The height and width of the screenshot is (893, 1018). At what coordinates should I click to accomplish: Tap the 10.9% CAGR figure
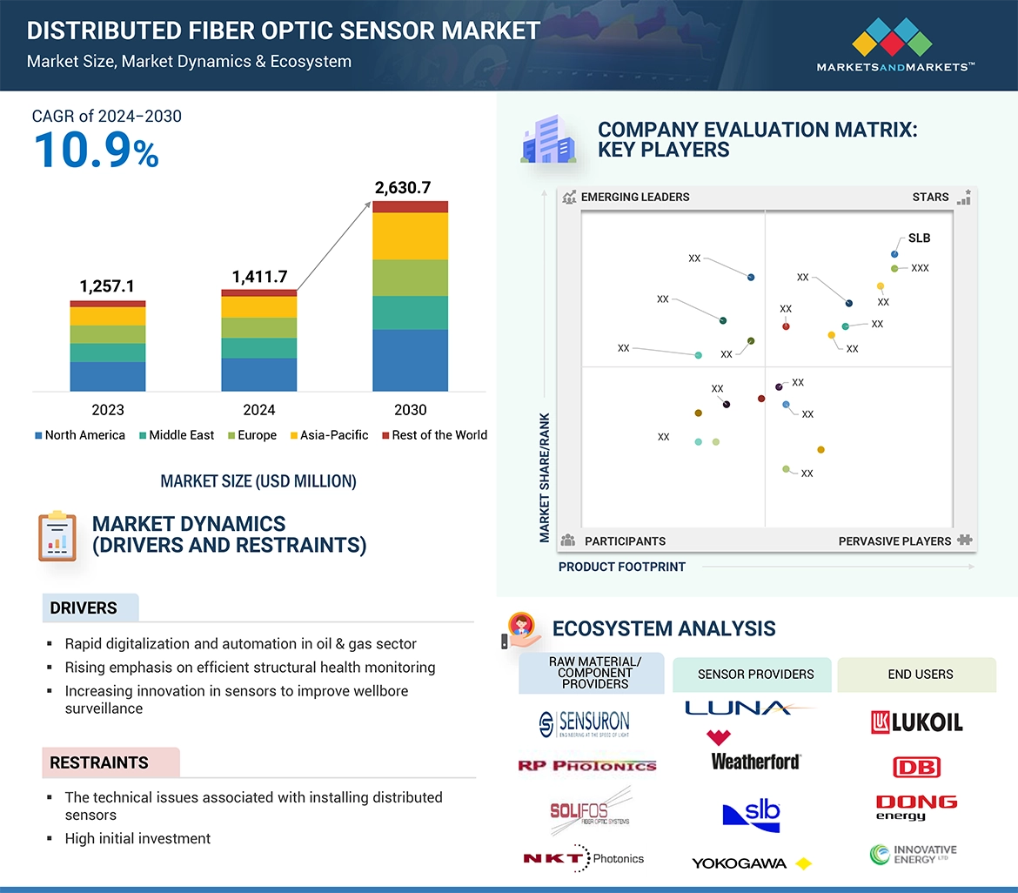[x=97, y=150]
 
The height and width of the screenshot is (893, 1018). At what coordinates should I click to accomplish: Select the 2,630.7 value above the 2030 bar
[x=403, y=187]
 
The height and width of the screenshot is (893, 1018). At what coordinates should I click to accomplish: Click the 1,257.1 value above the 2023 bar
[x=107, y=286]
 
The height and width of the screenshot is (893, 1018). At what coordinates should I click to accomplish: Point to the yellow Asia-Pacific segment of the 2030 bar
[x=410, y=236]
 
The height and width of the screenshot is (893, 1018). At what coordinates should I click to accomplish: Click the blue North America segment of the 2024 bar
[x=258, y=374]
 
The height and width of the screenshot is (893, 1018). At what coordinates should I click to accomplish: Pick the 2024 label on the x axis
[x=258, y=410]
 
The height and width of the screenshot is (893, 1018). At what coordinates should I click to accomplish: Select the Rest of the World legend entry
[x=434, y=435]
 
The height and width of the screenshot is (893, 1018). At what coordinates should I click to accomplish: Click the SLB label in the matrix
[x=919, y=238]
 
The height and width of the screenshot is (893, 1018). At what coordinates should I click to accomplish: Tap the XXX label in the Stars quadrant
[x=920, y=268]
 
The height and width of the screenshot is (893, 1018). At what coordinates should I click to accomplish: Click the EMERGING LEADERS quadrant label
[x=634, y=197]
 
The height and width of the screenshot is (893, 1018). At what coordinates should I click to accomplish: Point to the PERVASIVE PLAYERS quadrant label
[x=894, y=541]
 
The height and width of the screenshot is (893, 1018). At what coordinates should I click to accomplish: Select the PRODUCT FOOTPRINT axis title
[x=621, y=567]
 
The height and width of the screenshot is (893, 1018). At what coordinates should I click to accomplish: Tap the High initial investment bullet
[x=137, y=838]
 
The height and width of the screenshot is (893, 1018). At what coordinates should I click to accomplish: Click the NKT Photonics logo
[x=583, y=858]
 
